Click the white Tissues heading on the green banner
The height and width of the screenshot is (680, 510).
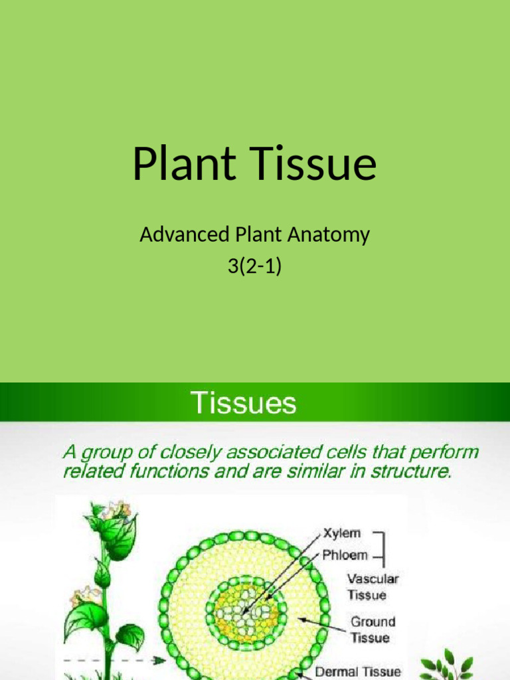coord(244,403)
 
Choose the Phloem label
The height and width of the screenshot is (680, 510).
coord(345,554)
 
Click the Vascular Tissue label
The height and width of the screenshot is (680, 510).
coord(373,587)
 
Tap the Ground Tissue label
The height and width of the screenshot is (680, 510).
coord(373,630)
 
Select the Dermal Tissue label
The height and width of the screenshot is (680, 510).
coord(357,671)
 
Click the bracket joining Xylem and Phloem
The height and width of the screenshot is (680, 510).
coord(384,545)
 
